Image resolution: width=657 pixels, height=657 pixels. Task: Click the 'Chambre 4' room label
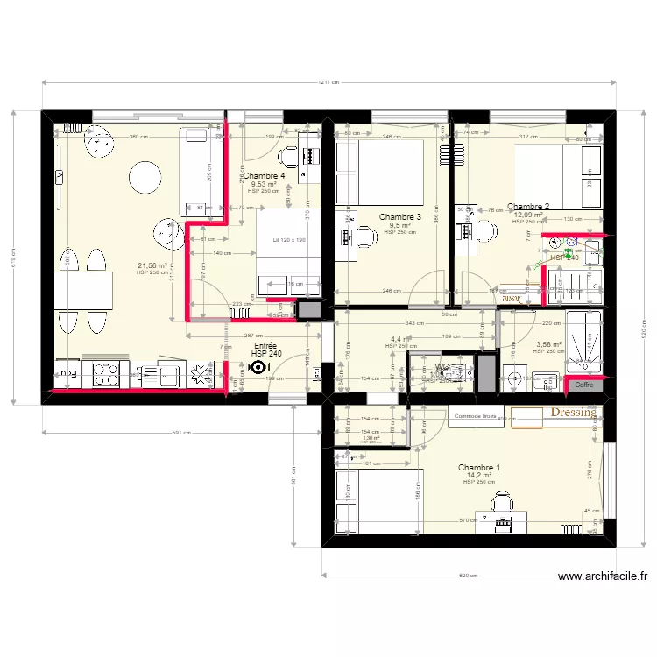tap(264, 176)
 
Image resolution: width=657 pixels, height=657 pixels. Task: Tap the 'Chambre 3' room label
tap(400, 216)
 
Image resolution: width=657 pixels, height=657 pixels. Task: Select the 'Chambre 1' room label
tap(479, 468)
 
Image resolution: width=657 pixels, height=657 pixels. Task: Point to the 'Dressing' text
tap(573, 412)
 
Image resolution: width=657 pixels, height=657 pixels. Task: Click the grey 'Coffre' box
tap(584, 385)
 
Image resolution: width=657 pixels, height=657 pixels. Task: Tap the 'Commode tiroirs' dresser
tap(477, 416)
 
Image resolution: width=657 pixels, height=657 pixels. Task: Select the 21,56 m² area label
tap(152, 265)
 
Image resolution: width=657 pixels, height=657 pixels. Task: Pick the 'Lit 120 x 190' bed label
tap(288, 240)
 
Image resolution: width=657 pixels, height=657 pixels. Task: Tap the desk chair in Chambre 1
tap(502, 502)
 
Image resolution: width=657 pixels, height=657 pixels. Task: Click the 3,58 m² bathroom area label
tap(549, 344)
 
